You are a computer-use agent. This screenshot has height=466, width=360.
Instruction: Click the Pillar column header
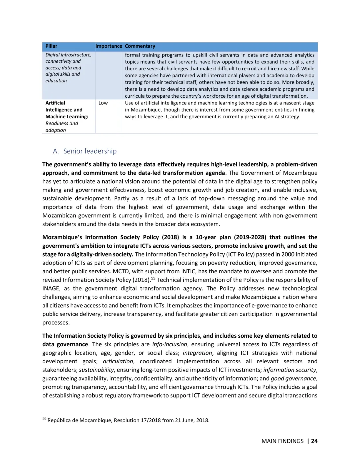(x=51, y=46)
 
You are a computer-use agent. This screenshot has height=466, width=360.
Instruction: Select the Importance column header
(x=109, y=46)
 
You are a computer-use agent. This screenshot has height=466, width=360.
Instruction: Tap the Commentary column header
(x=140, y=46)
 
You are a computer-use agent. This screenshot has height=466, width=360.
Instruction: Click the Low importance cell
(x=103, y=103)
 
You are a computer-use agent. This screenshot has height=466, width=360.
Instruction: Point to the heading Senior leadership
(x=90, y=151)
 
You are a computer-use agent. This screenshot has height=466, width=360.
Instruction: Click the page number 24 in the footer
(x=314, y=441)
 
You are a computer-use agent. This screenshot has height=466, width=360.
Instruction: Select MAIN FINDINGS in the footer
(x=282, y=441)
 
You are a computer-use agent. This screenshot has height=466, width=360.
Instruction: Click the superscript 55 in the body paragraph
(x=153, y=278)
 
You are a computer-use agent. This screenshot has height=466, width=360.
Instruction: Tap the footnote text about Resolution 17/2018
(x=128, y=420)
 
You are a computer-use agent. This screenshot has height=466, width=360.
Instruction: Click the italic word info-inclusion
(x=170, y=344)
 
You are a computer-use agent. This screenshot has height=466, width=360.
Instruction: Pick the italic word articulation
(x=118, y=361)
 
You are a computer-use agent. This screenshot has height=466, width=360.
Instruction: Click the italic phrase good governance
(x=293, y=378)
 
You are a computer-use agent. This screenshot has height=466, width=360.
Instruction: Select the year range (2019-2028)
(x=250, y=237)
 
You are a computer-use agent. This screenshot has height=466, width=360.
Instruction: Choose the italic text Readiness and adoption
(x=62, y=127)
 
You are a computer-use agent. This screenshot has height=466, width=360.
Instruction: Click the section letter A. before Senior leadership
(x=56, y=151)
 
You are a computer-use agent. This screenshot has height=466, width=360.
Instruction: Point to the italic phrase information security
(x=290, y=370)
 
